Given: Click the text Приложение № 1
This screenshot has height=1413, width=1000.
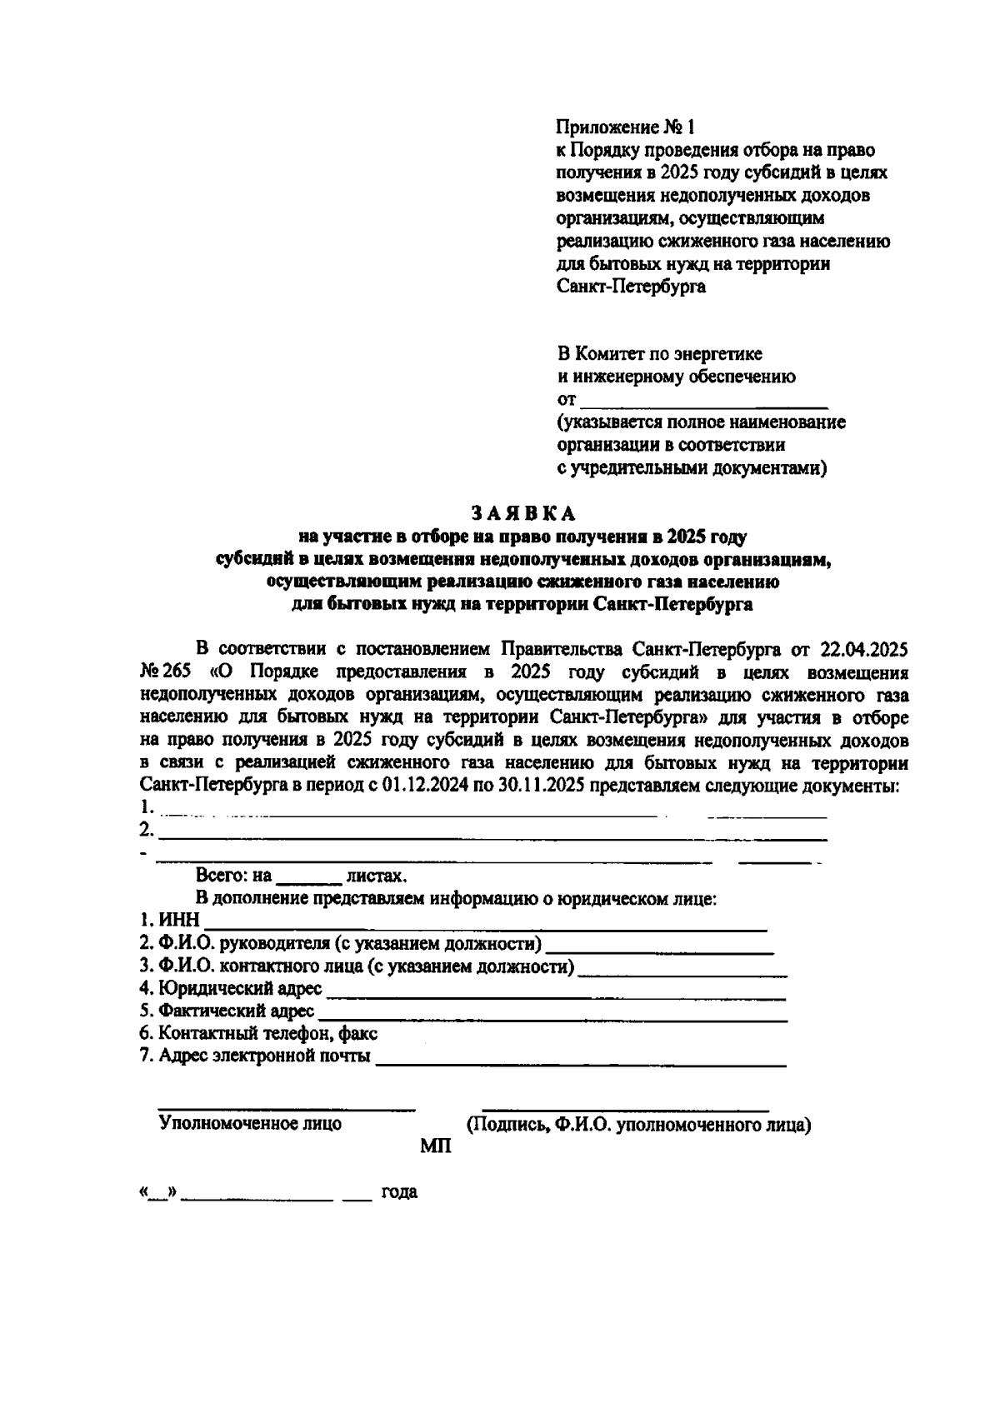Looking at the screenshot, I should point(625,127).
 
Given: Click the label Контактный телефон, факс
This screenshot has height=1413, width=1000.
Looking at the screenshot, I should point(258,1034).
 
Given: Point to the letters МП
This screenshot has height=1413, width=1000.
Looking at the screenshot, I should point(435,1147).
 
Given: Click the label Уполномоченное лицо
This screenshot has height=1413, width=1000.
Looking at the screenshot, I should point(250,1124).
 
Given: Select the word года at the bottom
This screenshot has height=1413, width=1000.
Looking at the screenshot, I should point(399,1192).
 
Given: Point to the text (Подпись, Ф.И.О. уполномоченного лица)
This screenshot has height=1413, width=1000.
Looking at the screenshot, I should point(638,1125).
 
